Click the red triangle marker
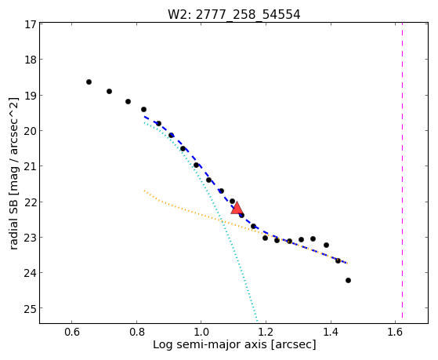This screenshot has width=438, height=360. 237,209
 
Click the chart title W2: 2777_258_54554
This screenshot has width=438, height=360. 233,14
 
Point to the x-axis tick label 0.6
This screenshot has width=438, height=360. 72,332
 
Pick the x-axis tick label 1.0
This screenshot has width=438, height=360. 201,332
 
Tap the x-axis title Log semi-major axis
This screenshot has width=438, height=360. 209,344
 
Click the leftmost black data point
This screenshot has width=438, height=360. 89,82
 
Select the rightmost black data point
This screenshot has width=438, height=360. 348,280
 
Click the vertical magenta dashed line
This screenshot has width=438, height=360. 402,170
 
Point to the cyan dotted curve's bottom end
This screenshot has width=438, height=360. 257,321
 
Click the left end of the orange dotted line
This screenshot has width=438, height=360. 144,191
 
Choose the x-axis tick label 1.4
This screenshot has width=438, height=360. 331,332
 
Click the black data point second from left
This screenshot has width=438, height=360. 109,91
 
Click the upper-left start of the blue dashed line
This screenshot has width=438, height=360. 144,116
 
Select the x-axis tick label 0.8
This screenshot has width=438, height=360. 136,332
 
